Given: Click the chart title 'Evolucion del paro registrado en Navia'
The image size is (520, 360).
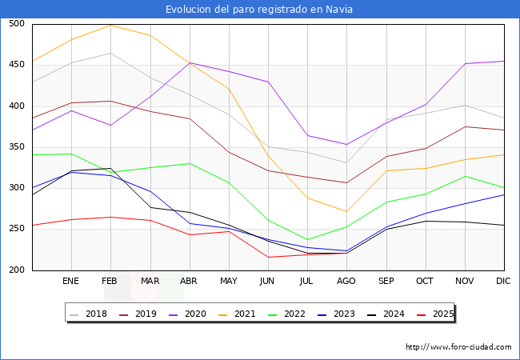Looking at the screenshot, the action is point(259,10).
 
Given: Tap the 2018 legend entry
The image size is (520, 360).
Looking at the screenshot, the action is point(88,314).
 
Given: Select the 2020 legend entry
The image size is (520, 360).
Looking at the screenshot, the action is point(187,314).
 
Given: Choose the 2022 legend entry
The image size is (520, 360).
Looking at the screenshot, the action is point(286,314).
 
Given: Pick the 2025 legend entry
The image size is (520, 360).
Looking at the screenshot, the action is point(435,314).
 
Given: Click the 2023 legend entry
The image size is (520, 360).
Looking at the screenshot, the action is point(336,314).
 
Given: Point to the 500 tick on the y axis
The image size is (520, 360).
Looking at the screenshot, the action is point(17,23).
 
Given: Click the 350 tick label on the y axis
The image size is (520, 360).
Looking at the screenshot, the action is point(17,146).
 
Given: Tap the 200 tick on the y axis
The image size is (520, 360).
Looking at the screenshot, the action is point(17,270).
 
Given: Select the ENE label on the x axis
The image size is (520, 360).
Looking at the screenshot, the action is point(70,281).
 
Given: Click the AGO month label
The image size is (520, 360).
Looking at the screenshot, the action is point(346,281).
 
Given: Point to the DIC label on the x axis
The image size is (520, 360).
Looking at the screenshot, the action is point(503,281).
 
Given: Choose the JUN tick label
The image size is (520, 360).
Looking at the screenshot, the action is point(267,281).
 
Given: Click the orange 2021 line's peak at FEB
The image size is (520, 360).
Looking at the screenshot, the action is point(110,25).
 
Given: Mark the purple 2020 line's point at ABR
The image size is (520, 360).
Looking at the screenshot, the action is point(190,62).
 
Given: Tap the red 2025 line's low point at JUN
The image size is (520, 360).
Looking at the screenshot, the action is point(268,258).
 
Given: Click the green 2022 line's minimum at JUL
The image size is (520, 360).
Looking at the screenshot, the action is point(307,240).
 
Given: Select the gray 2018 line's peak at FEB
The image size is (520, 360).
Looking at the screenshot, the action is point(110,53).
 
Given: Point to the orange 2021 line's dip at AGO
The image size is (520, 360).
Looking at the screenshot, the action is point(346,211).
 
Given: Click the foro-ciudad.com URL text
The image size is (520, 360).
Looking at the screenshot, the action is point(458,347).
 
